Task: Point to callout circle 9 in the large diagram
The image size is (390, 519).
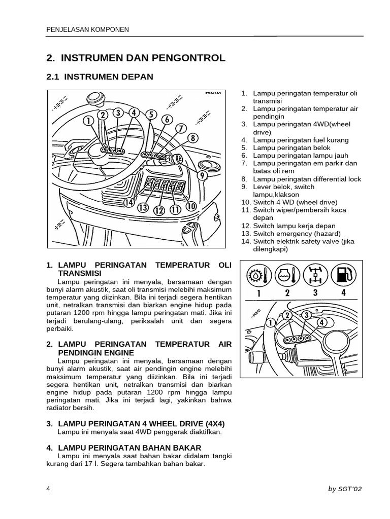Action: coord(202,176)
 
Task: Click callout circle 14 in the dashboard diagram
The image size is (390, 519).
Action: coord(129,202)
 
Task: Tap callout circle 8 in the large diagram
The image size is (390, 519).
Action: coord(192,138)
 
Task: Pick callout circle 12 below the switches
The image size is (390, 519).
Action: coord(159,210)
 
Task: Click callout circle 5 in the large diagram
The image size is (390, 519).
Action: coord(151,115)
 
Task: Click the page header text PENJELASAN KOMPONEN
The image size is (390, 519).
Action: coord(87,30)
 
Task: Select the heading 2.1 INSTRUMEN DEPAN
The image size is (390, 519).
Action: coord(99,77)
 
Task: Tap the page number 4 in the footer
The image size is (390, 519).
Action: coord(48,489)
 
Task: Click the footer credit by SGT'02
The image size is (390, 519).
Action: coord(345,489)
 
